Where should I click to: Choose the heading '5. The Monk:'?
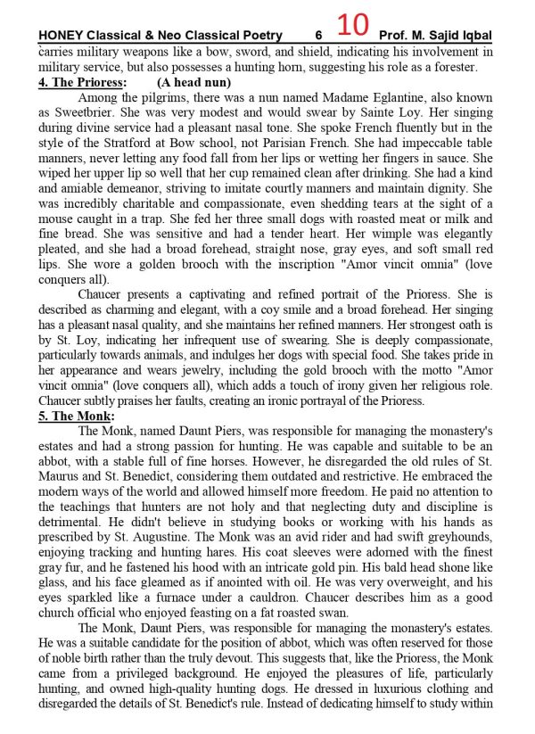78,416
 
